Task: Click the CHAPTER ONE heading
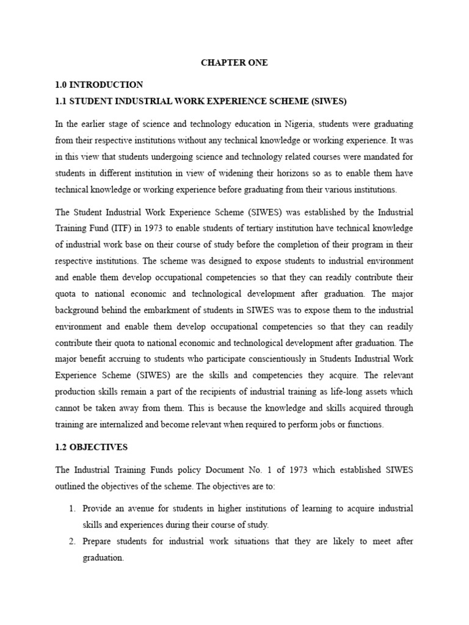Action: tap(234, 63)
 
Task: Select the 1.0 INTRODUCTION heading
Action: tap(99, 85)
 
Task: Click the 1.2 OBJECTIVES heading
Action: tap(91, 447)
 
